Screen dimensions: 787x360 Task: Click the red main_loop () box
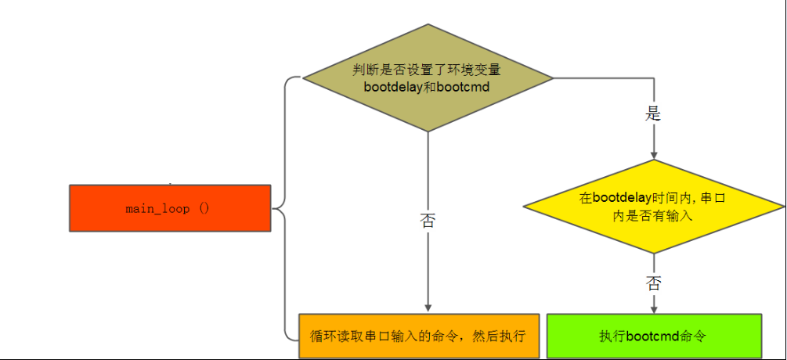click(x=170, y=208)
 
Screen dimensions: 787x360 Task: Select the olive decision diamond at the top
click(x=428, y=77)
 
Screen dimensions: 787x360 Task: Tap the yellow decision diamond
click(x=654, y=207)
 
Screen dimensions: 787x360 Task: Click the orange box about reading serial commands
click(x=419, y=336)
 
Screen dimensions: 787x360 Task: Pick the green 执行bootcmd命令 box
click(x=654, y=336)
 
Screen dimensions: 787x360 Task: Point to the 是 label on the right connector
click(x=653, y=114)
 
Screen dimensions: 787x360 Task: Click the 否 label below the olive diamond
click(x=428, y=221)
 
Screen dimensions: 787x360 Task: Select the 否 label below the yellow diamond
click(x=654, y=284)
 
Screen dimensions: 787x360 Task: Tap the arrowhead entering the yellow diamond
click(x=654, y=156)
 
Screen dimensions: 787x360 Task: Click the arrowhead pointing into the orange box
click(x=428, y=308)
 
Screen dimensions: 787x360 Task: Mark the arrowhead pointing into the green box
click(x=654, y=309)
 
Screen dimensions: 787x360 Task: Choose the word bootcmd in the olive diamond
click(x=464, y=87)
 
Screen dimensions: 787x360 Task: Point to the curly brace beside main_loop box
click(x=286, y=209)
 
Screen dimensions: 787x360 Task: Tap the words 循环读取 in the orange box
click(x=337, y=336)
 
